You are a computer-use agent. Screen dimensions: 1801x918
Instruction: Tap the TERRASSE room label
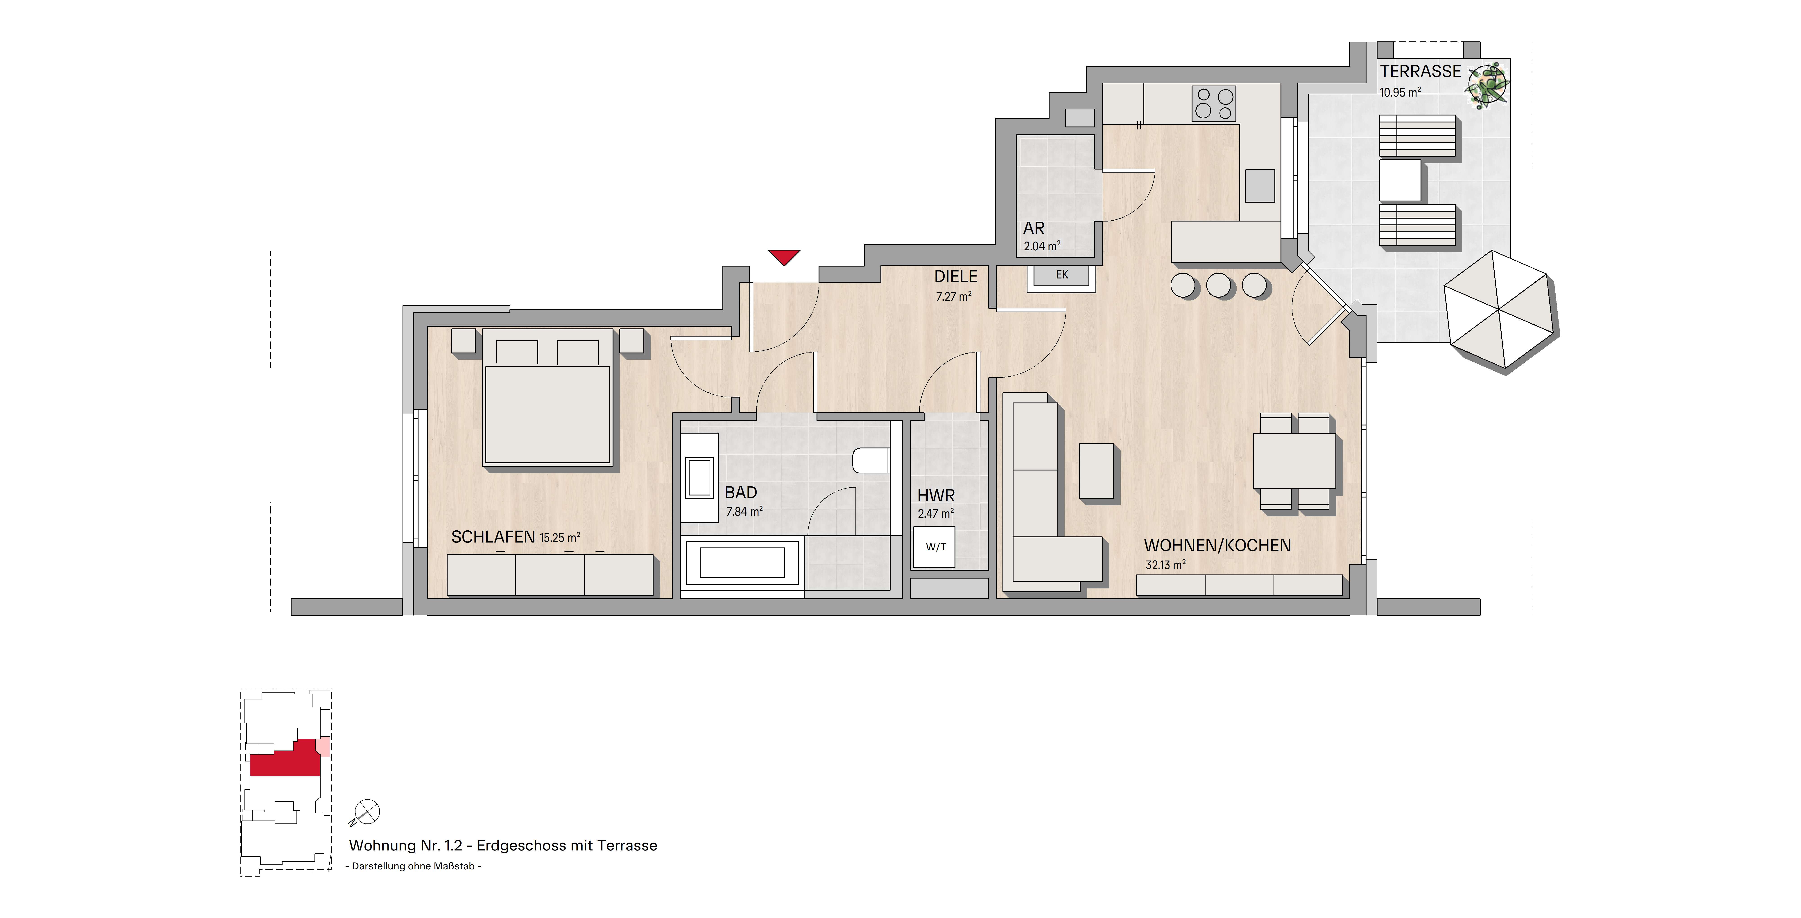[x=1420, y=71]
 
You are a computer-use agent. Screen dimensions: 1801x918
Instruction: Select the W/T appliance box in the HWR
[x=935, y=547]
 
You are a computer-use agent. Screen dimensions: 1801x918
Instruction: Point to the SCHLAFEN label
[x=493, y=537]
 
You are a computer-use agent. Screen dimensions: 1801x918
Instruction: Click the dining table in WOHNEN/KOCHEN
[x=1293, y=461]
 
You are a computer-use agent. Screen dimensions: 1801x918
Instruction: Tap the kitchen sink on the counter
[x=1260, y=185]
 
